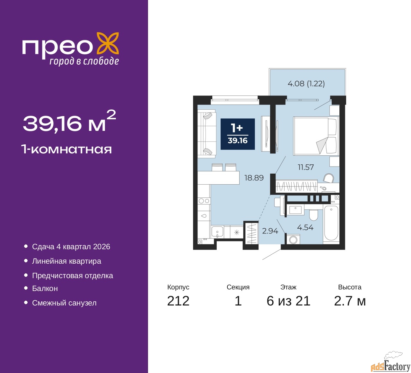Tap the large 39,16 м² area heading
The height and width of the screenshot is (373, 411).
(x=69, y=122)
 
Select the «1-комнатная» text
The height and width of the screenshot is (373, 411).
(x=66, y=149)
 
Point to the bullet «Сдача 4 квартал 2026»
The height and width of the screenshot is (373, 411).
(x=71, y=247)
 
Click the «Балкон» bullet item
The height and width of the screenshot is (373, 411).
(x=45, y=288)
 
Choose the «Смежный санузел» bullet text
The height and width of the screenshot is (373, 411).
(x=64, y=303)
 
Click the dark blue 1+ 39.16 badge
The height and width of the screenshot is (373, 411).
(x=238, y=134)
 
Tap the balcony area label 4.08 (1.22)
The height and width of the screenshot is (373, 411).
(x=306, y=84)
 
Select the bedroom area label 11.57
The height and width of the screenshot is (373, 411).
(x=305, y=167)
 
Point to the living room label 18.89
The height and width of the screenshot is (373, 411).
(x=254, y=178)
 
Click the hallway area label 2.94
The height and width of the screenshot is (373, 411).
(x=270, y=231)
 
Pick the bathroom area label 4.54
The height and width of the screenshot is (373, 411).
(x=305, y=227)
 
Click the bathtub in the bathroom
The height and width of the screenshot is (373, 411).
(x=331, y=223)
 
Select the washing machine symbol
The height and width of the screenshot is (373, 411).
(x=293, y=240)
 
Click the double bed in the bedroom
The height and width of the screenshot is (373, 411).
(x=316, y=136)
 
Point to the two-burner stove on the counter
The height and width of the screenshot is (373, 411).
(x=204, y=201)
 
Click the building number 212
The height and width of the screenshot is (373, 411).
(x=178, y=301)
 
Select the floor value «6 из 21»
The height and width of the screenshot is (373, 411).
(x=288, y=301)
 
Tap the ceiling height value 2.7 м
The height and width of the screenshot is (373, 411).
(x=350, y=301)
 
